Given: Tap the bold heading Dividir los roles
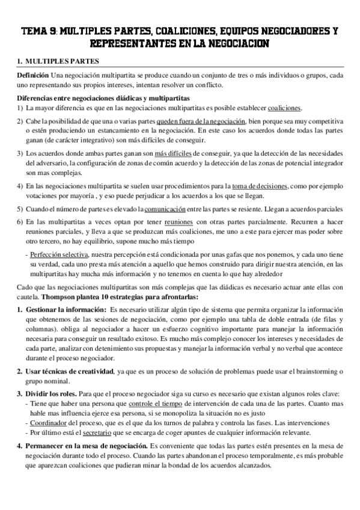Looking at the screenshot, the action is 55,394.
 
